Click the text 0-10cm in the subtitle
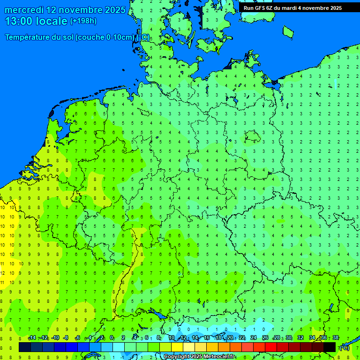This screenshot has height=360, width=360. pyautogui.click(x=117, y=37)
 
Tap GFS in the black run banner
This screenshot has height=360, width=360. pyautogui.click(x=260, y=8)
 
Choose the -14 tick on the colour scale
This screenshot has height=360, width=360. pyautogui.click(x=32, y=338)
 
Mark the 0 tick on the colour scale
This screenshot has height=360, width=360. pyautogui.click(x=112, y=338)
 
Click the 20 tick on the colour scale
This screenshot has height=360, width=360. pyautogui.click(x=230, y=338)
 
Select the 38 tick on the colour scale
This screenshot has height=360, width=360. pyautogui.click(x=336, y=338)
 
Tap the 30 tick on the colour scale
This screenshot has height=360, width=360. pyautogui.click(x=289, y=338)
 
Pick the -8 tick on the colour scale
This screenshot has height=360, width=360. pyautogui.click(x=66, y=338)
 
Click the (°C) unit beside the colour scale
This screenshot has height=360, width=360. pyautogui.click(x=344, y=347)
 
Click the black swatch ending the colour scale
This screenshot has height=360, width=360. pyautogui.click(x=330, y=347)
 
